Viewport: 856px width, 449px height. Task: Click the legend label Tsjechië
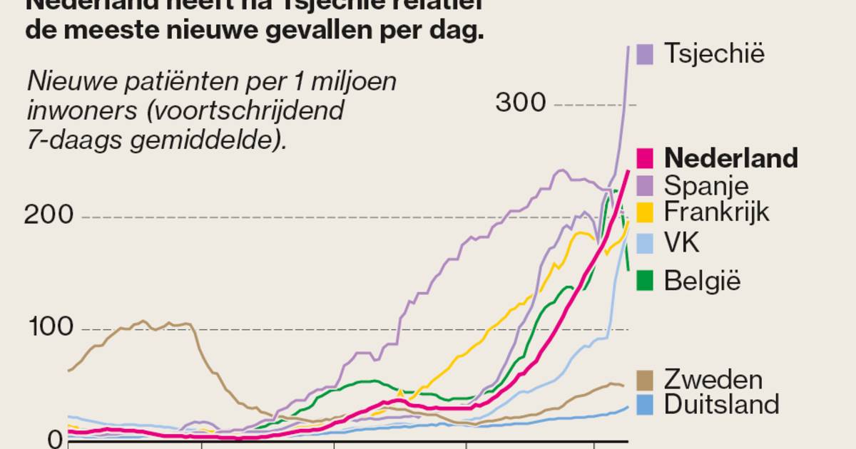[x=714, y=53]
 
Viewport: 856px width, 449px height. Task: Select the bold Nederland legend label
[x=730, y=158]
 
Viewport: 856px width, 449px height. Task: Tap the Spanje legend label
[x=706, y=185]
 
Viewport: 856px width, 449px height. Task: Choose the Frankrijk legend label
[x=717, y=212]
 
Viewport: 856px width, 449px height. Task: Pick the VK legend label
[x=681, y=243]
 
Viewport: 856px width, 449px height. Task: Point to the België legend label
[x=703, y=281]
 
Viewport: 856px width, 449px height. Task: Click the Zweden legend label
[x=713, y=379]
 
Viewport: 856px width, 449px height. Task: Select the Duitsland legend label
[x=721, y=404]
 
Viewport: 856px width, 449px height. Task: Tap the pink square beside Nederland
[x=645, y=158]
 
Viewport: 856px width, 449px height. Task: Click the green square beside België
[x=645, y=281]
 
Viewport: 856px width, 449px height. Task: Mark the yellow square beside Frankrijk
[x=645, y=212]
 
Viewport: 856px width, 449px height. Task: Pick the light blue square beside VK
[x=645, y=243]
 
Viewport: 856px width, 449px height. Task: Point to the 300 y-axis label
[x=521, y=103]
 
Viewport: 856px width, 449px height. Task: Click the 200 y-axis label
[x=49, y=215]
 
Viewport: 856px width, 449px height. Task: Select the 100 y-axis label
[x=49, y=328]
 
